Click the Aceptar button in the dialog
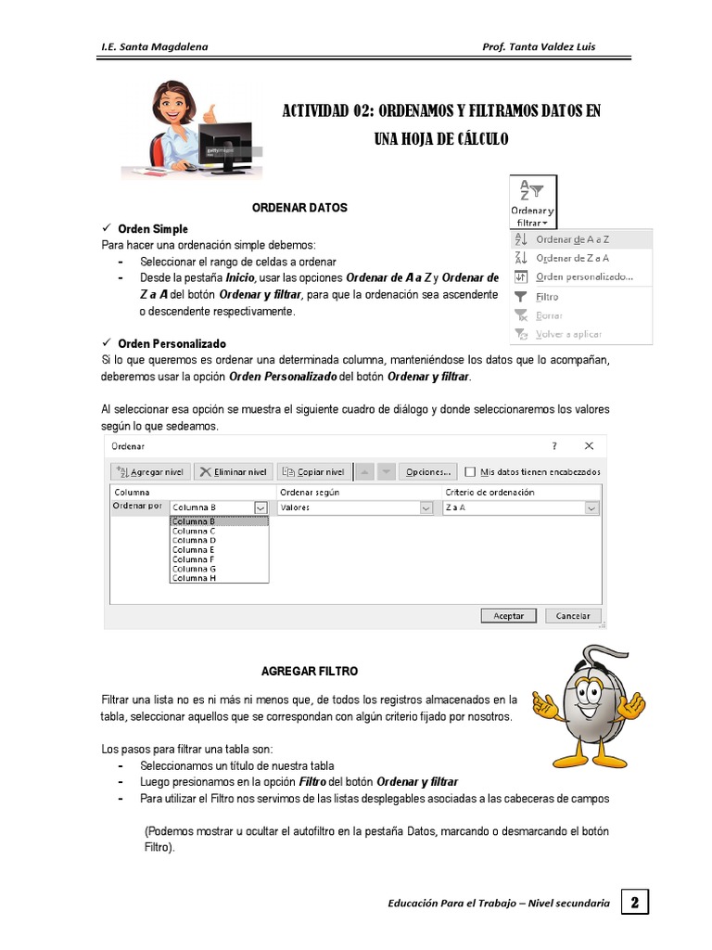click(x=508, y=615)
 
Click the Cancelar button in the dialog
click(x=573, y=615)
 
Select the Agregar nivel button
click(x=153, y=471)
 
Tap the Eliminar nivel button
click(x=235, y=471)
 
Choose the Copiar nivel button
click(x=313, y=471)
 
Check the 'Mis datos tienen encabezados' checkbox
click(x=470, y=471)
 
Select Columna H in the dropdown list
click(x=194, y=578)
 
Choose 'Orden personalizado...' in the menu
click(x=584, y=276)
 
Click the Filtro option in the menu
click(x=548, y=297)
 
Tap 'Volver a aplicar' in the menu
click(x=568, y=334)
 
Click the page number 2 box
click(x=634, y=902)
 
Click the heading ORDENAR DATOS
click(x=299, y=208)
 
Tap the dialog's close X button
click(x=589, y=445)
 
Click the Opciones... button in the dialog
click(x=427, y=471)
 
